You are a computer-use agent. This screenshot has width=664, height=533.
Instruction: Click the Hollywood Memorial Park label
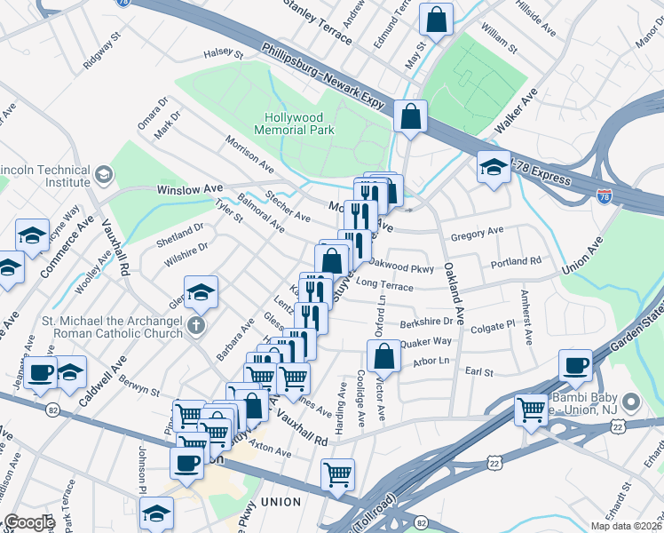(x=300, y=123)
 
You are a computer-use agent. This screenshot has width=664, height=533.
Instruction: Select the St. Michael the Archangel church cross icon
(x=195, y=324)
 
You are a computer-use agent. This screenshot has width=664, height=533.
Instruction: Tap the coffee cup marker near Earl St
(x=575, y=365)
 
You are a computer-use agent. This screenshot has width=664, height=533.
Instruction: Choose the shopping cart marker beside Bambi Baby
(x=531, y=410)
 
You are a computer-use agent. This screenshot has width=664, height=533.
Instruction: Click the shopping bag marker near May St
(x=437, y=18)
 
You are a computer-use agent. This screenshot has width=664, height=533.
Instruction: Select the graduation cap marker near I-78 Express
(x=493, y=166)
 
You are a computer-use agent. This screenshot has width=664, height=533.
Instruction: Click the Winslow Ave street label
(x=189, y=190)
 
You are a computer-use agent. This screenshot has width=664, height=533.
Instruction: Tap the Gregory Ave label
(x=477, y=233)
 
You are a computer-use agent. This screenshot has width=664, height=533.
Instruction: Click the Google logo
(x=28, y=522)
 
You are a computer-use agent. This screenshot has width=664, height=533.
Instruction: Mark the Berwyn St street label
(x=140, y=386)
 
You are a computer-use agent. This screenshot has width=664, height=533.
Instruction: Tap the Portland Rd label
(x=516, y=262)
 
